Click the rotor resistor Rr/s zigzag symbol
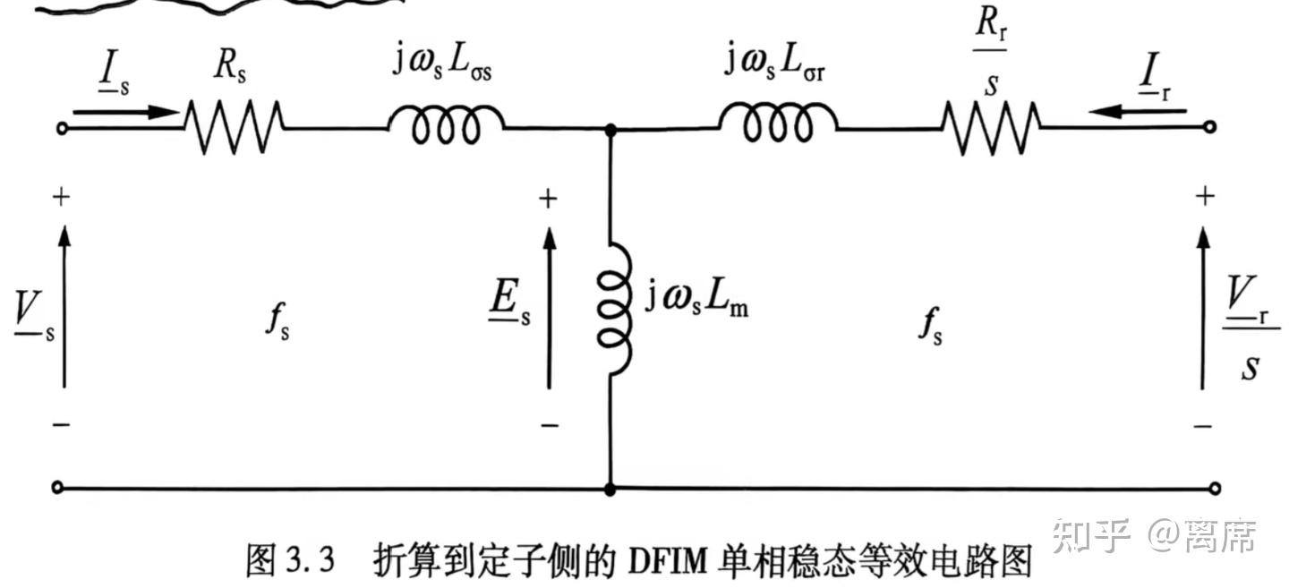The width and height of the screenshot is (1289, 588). (x=991, y=128)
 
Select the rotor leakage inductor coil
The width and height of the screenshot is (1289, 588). (x=778, y=122)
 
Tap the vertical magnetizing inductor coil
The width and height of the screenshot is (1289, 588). (x=615, y=309)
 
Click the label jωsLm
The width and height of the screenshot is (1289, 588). (x=696, y=299)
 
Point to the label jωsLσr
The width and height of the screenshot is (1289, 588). (x=774, y=61)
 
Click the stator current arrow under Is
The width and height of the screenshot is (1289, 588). (x=126, y=112)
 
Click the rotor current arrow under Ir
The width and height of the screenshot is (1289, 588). (x=1138, y=110)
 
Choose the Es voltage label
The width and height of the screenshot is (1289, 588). (x=510, y=303)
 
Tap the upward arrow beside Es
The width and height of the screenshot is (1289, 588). (x=550, y=308)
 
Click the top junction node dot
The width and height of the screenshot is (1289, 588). (x=610, y=131)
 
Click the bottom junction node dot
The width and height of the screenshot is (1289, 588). (x=610, y=490)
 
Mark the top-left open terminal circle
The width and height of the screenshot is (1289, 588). (x=62, y=128)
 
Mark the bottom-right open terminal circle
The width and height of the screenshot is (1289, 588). (x=1215, y=489)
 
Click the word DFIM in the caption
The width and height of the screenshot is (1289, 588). (x=667, y=560)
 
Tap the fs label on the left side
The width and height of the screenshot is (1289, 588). (x=277, y=321)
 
